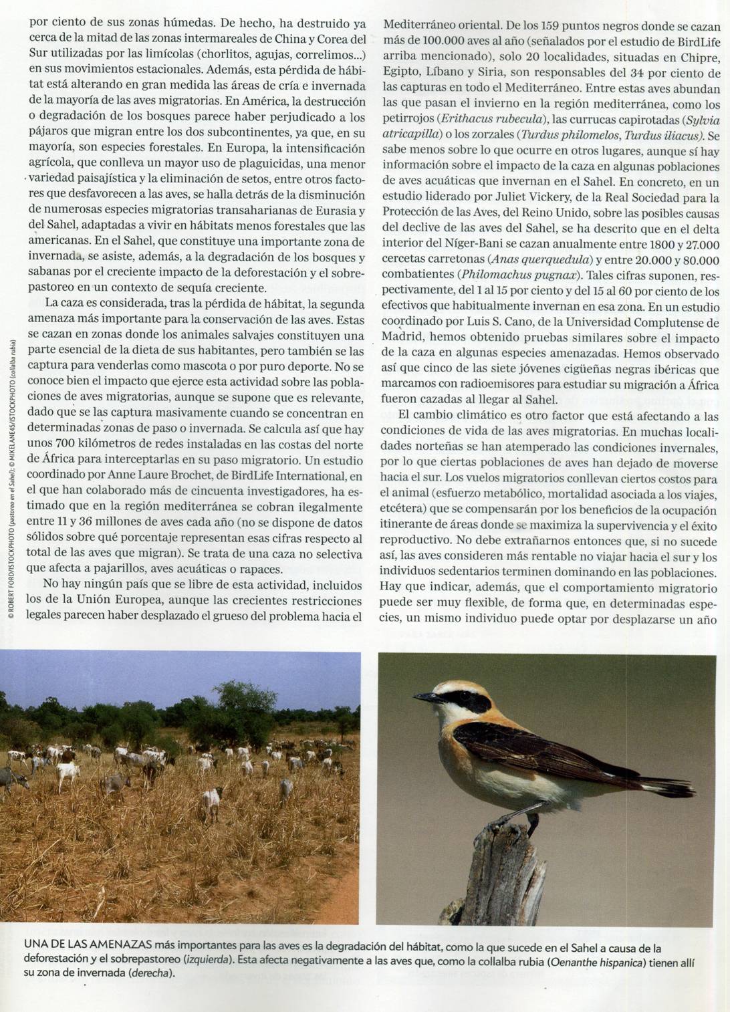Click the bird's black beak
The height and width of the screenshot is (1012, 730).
pos(425,697)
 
